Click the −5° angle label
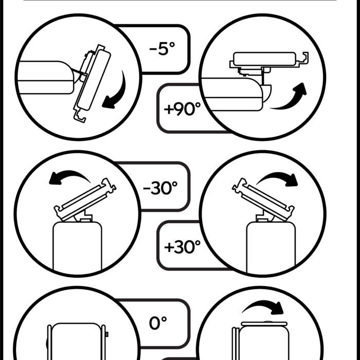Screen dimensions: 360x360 coord(162,48)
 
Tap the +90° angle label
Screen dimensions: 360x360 coord(182,109)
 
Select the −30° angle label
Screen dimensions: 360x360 coord(160,188)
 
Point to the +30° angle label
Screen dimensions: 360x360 coord(182,247)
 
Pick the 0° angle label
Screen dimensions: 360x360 coord(158,323)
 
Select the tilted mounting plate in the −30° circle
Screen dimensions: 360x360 coord(85,200)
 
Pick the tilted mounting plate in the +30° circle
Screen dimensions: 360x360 coord(263,199)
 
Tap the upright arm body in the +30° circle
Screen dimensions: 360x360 coord(271,247)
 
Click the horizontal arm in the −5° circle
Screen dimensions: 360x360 coord(46,78)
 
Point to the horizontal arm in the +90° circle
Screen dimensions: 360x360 coord(232,94)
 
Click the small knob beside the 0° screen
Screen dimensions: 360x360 coord(107,334)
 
